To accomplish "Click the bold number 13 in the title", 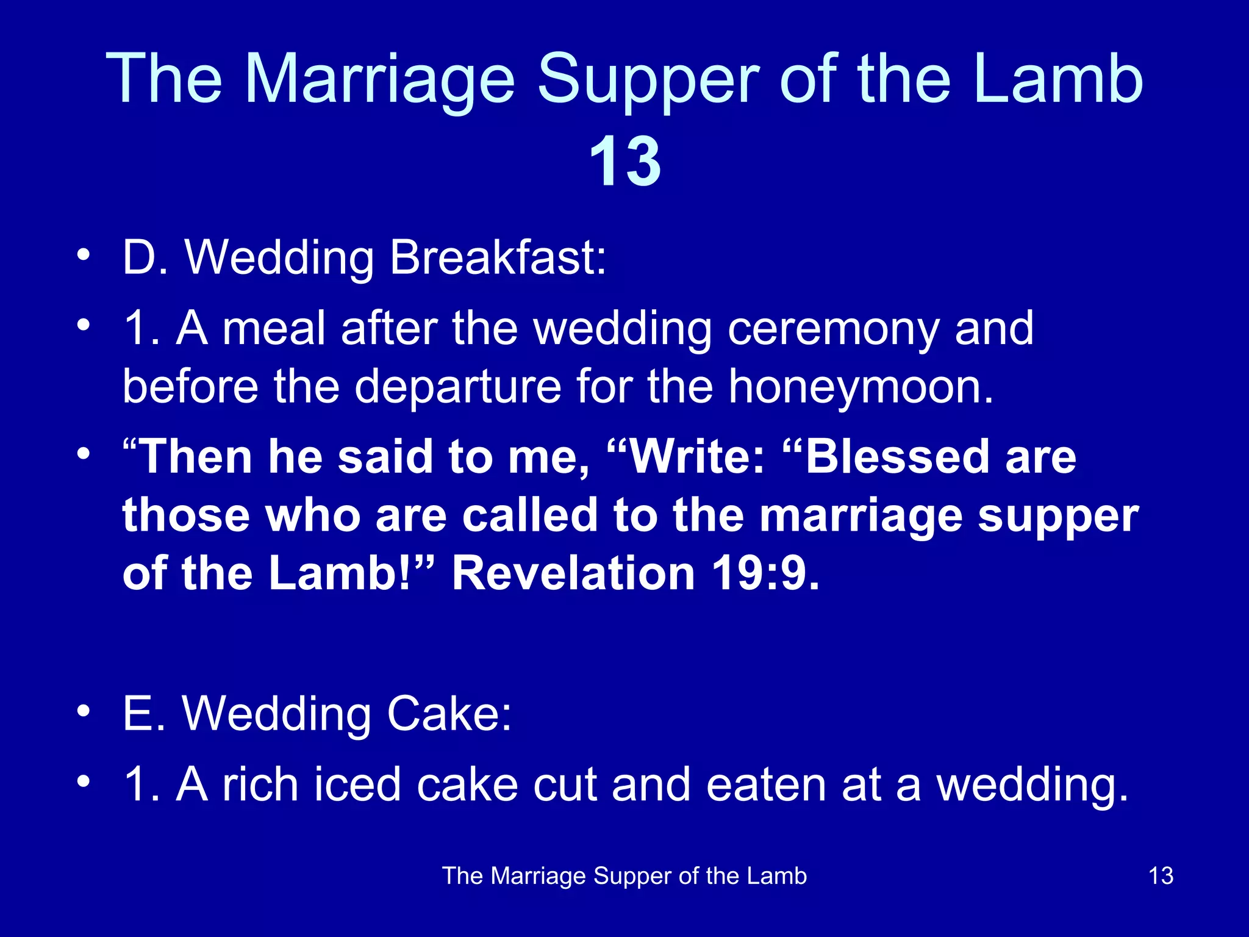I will coord(625,162).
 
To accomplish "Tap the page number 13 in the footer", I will coord(1161,876).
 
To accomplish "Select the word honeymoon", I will coord(861,387).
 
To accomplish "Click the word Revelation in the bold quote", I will coord(573,574).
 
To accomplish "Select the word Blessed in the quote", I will coord(897,457).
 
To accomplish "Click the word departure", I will coord(457,387).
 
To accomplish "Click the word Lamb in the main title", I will coord(1058,79).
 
